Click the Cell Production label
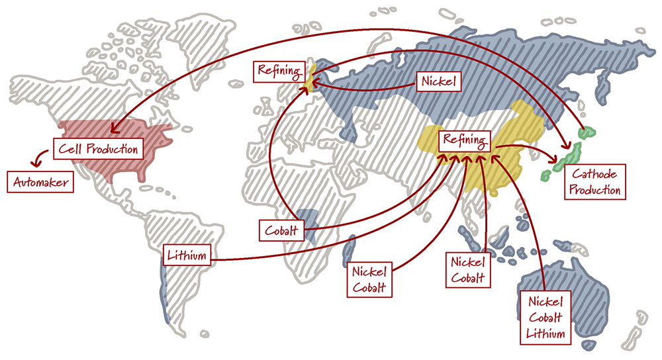click(98, 148)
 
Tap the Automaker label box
click(40, 182)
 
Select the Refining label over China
click(464, 140)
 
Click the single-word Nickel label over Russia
click(440, 81)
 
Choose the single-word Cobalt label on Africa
click(281, 231)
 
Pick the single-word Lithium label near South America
click(188, 255)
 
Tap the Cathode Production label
click(594, 182)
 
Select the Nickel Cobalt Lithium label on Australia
click(545, 317)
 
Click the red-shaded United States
click(126, 149)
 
